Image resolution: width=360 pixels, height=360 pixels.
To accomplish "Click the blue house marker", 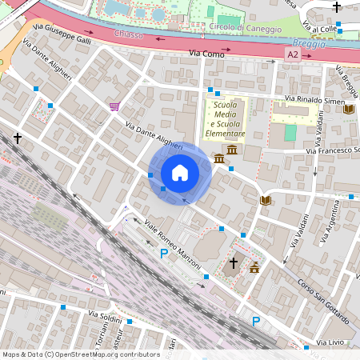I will click(180, 173).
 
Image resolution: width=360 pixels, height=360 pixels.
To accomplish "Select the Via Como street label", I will click(206, 53).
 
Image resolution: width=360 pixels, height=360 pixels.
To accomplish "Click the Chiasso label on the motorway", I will click(128, 35).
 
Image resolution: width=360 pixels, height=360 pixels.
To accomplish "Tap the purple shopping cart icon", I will click(114, 106).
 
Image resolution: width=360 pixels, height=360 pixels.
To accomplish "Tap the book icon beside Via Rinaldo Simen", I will click(349, 110).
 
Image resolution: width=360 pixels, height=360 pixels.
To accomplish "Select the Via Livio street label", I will click(332, 342).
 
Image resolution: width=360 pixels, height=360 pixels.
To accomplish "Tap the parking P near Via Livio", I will click(256, 322).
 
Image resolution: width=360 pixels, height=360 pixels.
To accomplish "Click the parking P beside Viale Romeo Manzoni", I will click(164, 254).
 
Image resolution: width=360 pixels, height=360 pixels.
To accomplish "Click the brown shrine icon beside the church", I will click(254, 267).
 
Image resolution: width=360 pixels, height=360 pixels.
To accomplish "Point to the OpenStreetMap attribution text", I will click(80, 354).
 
